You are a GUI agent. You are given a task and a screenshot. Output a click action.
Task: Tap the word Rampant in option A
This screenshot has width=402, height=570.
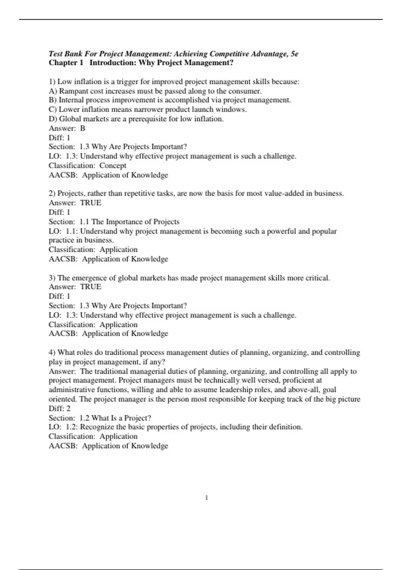(73, 91)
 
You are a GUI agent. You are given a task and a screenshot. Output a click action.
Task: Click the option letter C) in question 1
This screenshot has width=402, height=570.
(53, 109)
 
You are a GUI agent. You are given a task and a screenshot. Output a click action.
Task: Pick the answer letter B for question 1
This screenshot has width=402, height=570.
(83, 128)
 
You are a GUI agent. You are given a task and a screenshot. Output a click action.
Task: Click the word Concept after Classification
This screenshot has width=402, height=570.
(113, 165)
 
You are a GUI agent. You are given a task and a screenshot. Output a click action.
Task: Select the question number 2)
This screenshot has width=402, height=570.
(52, 193)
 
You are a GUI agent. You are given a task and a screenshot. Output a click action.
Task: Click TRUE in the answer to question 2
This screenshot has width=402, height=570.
(90, 203)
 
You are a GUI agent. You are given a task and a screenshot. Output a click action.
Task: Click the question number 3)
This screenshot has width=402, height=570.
(52, 278)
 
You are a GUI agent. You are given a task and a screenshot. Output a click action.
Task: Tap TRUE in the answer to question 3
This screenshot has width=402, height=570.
(90, 287)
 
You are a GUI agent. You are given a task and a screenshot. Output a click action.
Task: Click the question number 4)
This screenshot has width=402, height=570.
(52, 352)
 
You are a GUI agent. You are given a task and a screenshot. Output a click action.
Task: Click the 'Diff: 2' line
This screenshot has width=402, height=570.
(60, 408)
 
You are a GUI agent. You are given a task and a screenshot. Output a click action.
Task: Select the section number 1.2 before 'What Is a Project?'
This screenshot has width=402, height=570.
(84, 418)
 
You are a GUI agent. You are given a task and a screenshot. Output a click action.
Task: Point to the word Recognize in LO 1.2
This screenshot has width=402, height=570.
(95, 427)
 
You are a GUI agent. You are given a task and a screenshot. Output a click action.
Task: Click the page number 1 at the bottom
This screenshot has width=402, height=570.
(207, 498)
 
